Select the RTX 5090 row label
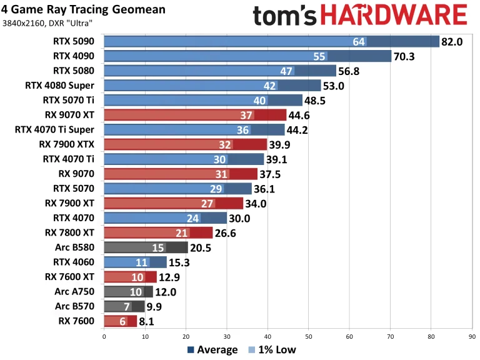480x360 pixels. click(x=74, y=42)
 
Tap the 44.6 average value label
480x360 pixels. click(x=300, y=114)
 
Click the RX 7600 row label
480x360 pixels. click(x=77, y=321)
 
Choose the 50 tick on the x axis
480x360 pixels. click(x=308, y=336)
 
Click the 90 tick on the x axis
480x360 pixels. click(x=472, y=336)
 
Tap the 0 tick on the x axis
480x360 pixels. click(x=104, y=336)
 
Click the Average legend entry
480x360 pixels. click(x=212, y=350)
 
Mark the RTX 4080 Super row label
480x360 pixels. click(x=59, y=85)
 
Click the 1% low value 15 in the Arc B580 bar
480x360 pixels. click(x=158, y=247)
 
